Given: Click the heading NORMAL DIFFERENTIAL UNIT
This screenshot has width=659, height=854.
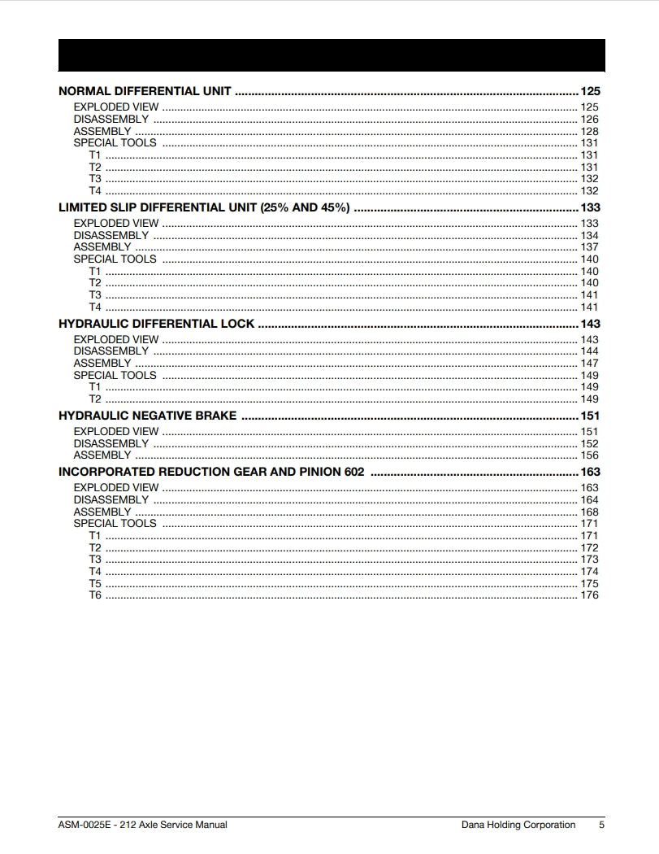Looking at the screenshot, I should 145,91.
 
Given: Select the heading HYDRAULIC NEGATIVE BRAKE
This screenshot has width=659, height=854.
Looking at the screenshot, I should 147,416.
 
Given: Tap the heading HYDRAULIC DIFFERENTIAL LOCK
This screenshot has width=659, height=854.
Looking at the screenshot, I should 156,324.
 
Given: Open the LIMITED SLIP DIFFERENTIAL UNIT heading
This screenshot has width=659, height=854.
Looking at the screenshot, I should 204,207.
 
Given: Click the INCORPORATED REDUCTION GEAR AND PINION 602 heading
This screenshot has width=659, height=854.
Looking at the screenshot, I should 211,472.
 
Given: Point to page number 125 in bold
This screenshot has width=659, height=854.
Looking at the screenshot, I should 590,91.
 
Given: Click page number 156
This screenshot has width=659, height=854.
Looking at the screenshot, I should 589,455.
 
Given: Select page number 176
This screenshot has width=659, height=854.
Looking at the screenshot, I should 589,595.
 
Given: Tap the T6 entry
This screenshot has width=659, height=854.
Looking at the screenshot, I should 95,595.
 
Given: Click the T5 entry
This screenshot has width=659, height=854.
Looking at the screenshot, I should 95,584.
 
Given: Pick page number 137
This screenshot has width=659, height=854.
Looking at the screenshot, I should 589,247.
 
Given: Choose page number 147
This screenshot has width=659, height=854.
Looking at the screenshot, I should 589,364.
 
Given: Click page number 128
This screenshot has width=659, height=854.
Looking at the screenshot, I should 589,131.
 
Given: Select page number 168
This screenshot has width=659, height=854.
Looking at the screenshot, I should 589,512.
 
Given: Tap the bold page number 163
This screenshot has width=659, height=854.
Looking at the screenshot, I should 590,472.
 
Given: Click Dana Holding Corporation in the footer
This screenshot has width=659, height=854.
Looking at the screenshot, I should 518,825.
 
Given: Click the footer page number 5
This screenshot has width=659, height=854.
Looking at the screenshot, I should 601,825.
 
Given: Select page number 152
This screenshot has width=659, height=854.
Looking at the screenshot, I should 589,444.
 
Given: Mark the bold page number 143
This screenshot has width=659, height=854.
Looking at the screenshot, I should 590,324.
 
